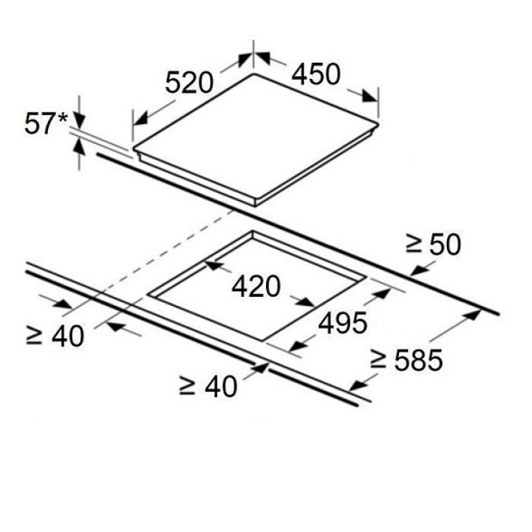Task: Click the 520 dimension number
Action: (189, 83)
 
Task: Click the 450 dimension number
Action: (316, 74)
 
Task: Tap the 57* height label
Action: (46, 124)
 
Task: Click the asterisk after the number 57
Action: (63, 119)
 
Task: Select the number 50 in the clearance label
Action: (446, 244)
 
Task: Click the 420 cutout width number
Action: (256, 286)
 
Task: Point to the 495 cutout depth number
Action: (343, 323)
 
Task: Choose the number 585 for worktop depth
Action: (418, 361)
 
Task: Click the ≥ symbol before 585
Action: (378, 360)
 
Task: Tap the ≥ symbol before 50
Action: (414, 245)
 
